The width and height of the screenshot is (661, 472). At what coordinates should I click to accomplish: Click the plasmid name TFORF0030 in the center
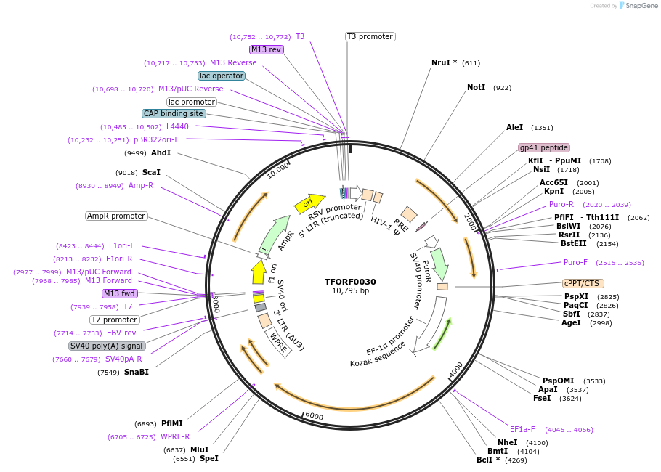point(350,282)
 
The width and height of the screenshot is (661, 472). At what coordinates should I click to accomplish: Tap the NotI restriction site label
point(476,87)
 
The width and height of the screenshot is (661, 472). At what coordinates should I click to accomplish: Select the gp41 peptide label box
point(543,147)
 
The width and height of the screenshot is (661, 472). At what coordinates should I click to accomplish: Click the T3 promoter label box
point(370,36)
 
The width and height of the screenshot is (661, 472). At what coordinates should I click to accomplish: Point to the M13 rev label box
point(266,49)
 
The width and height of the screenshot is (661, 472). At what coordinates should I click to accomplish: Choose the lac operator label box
point(221,76)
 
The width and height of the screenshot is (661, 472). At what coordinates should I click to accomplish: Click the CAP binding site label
point(174,113)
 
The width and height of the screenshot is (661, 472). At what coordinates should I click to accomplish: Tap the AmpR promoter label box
point(116,216)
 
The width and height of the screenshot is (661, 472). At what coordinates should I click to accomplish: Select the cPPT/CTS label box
point(583,283)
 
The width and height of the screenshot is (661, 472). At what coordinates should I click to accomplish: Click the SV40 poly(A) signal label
point(107,346)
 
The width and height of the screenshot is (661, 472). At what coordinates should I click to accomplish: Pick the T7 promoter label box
point(114,320)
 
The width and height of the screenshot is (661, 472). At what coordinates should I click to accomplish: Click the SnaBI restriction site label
point(136,373)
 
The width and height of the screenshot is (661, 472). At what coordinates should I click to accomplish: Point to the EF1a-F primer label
point(522,429)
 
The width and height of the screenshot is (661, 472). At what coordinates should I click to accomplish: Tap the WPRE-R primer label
point(174,436)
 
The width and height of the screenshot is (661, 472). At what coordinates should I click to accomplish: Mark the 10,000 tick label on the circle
point(278,169)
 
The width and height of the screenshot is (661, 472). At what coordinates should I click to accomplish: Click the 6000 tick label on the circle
point(314,415)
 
